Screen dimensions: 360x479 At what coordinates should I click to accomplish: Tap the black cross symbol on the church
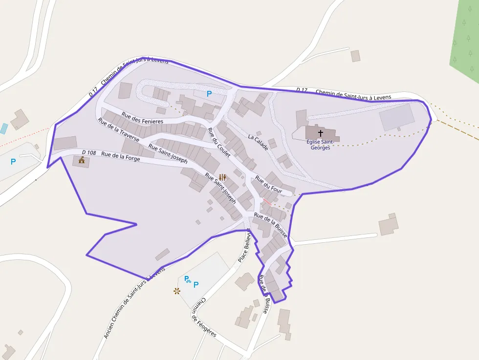321,132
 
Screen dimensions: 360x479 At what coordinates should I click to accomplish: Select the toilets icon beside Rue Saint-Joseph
222,177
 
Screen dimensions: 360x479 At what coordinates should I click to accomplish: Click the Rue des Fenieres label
142,118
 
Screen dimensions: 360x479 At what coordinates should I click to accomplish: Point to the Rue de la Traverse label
118,130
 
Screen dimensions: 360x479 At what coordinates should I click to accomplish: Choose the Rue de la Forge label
120,156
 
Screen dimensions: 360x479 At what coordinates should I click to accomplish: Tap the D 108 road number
89,153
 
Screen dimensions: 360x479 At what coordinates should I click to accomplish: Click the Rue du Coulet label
218,142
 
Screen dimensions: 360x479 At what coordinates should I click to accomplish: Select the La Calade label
258,142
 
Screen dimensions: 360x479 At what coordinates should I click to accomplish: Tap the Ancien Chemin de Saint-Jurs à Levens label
134,303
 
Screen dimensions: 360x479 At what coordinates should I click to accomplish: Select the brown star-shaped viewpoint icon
176,291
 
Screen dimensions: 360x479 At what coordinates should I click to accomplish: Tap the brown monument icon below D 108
81,160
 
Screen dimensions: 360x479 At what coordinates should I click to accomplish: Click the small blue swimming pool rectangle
4,129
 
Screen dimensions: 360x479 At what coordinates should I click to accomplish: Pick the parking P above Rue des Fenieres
209,93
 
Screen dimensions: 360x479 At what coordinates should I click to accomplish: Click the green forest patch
464,39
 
